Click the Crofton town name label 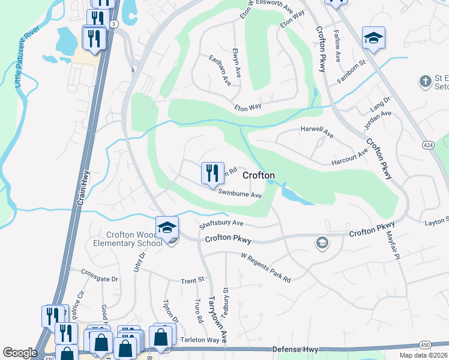click(x=259, y=175)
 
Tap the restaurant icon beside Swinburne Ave click(x=212, y=174)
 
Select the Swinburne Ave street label click(x=240, y=194)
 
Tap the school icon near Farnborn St click(x=373, y=38)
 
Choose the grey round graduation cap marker click(x=322, y=242)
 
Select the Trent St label click(x=193, y=280)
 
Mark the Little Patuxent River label click(x=29, y=57)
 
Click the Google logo click(x=20, y=353)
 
